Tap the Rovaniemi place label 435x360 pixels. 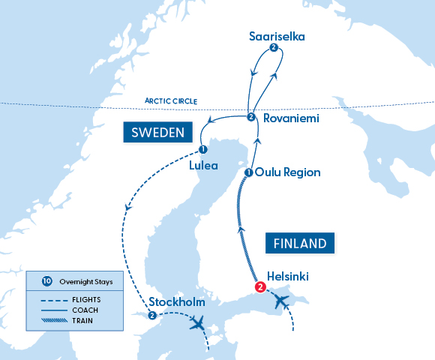tap(291, 118)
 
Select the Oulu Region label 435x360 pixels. tap(287, 172)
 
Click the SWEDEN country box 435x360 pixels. tap(157, 133)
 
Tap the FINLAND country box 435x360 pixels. tap(299, 244)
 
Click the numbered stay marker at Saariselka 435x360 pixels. tap(274, 49)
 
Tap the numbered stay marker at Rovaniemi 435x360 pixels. tap(250, 117)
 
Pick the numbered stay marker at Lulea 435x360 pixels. tap(203, 149)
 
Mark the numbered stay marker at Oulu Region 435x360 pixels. tap(248, 173)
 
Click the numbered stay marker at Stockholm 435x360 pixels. tap(152, 316)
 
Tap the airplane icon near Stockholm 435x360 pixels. tap(198, 324)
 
